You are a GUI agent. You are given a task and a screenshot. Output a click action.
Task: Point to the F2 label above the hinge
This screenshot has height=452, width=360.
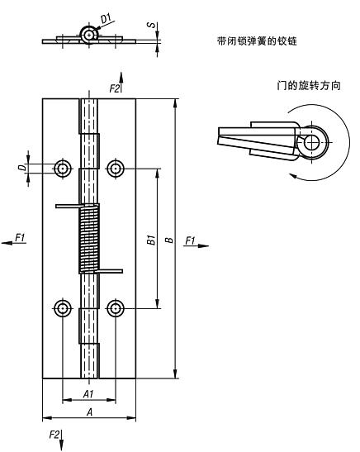pos(115,88)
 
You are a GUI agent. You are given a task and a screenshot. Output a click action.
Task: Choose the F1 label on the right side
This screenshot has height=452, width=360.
pos(191,240)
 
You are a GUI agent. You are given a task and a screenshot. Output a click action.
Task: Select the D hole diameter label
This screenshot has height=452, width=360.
pos(22,169)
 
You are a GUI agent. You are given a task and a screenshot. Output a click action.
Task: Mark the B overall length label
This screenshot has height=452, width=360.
pos(168,240)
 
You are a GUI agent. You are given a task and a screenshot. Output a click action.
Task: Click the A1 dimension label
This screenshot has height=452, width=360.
pos(88,394)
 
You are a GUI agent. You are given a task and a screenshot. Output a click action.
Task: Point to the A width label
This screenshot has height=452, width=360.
pos(88,412)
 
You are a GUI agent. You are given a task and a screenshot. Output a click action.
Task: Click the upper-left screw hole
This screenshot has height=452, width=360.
pos(62,169)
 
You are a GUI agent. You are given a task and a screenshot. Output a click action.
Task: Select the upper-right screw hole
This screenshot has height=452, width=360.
pos(116,169)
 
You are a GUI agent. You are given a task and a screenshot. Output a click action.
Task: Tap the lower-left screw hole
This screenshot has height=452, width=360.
pos(62,309)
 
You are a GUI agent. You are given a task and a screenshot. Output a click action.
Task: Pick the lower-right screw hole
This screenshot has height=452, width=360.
pos(116,309)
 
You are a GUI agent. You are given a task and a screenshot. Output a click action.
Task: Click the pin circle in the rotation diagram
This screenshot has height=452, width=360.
pos(311,143)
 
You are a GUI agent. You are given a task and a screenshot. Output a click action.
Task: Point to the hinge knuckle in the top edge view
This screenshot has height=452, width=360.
pos(88,32)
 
